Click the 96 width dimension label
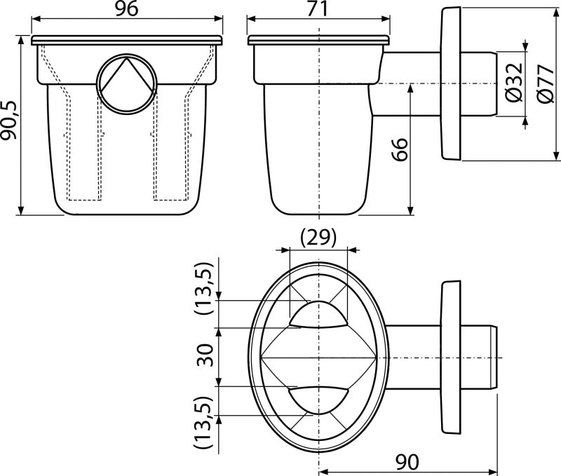coord(127,8)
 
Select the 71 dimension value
coord(318,8)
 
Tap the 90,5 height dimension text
coord(9,120)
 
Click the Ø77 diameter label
coord(546,84)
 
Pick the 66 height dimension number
coord(399,149)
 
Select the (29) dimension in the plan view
coord(318,238)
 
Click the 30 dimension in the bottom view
coord(205,355)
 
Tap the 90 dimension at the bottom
coord(407,462)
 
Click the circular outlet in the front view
coord(127,84)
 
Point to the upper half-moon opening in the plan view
coord(318,314)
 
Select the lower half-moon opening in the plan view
coord(318,400)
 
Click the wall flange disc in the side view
coord(451,83)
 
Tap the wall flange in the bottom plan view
coord(451,358)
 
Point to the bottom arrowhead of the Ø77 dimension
coord(555,155)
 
